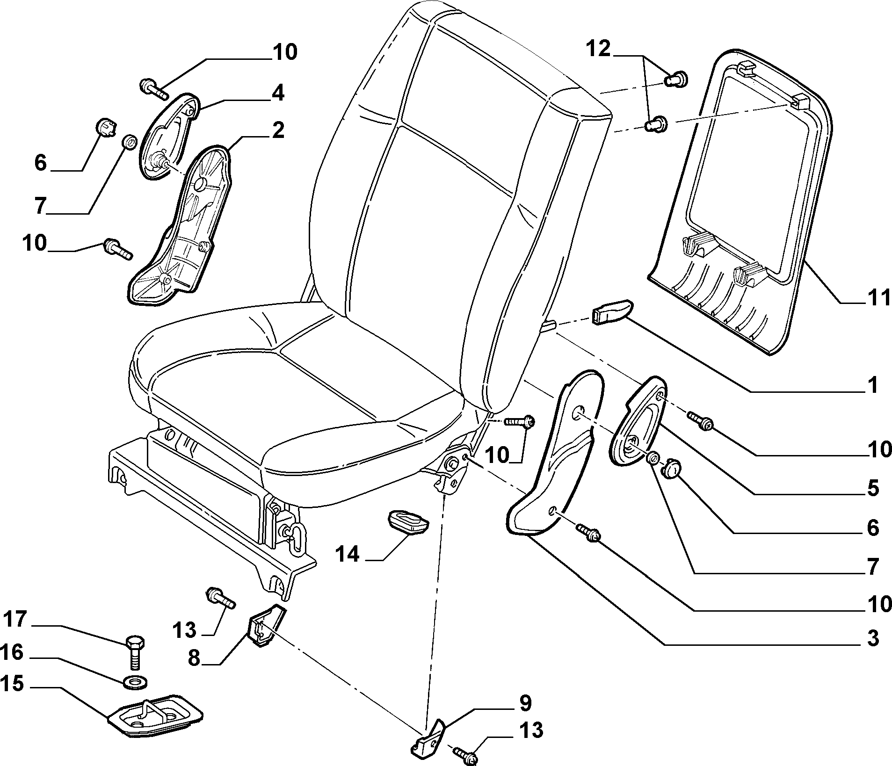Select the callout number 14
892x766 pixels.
point(347,555)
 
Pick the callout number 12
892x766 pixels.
point(599,48)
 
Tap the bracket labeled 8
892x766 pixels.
point(265,624)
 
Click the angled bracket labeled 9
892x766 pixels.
point(428,738)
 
